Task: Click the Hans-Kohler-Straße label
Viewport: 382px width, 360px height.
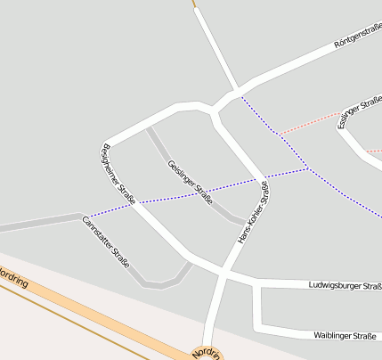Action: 252,214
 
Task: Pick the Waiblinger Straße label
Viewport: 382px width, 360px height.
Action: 345,335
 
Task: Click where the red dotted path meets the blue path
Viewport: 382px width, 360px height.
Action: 278,135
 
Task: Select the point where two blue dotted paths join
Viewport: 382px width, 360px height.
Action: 307,168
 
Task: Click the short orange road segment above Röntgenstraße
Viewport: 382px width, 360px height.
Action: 194,4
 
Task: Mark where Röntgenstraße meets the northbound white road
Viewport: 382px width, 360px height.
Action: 237,92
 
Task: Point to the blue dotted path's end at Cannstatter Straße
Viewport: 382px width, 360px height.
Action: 89,217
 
